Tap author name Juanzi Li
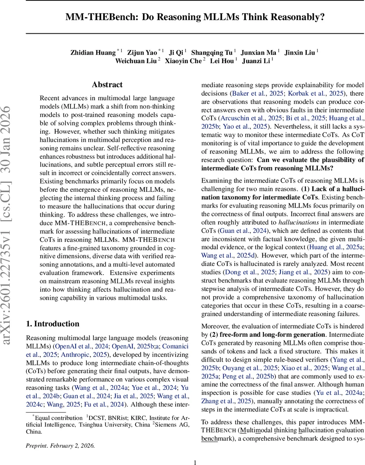point(256,60)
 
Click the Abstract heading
point(107,84)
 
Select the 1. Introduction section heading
point(52,324)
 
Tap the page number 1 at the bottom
point(195,452)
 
